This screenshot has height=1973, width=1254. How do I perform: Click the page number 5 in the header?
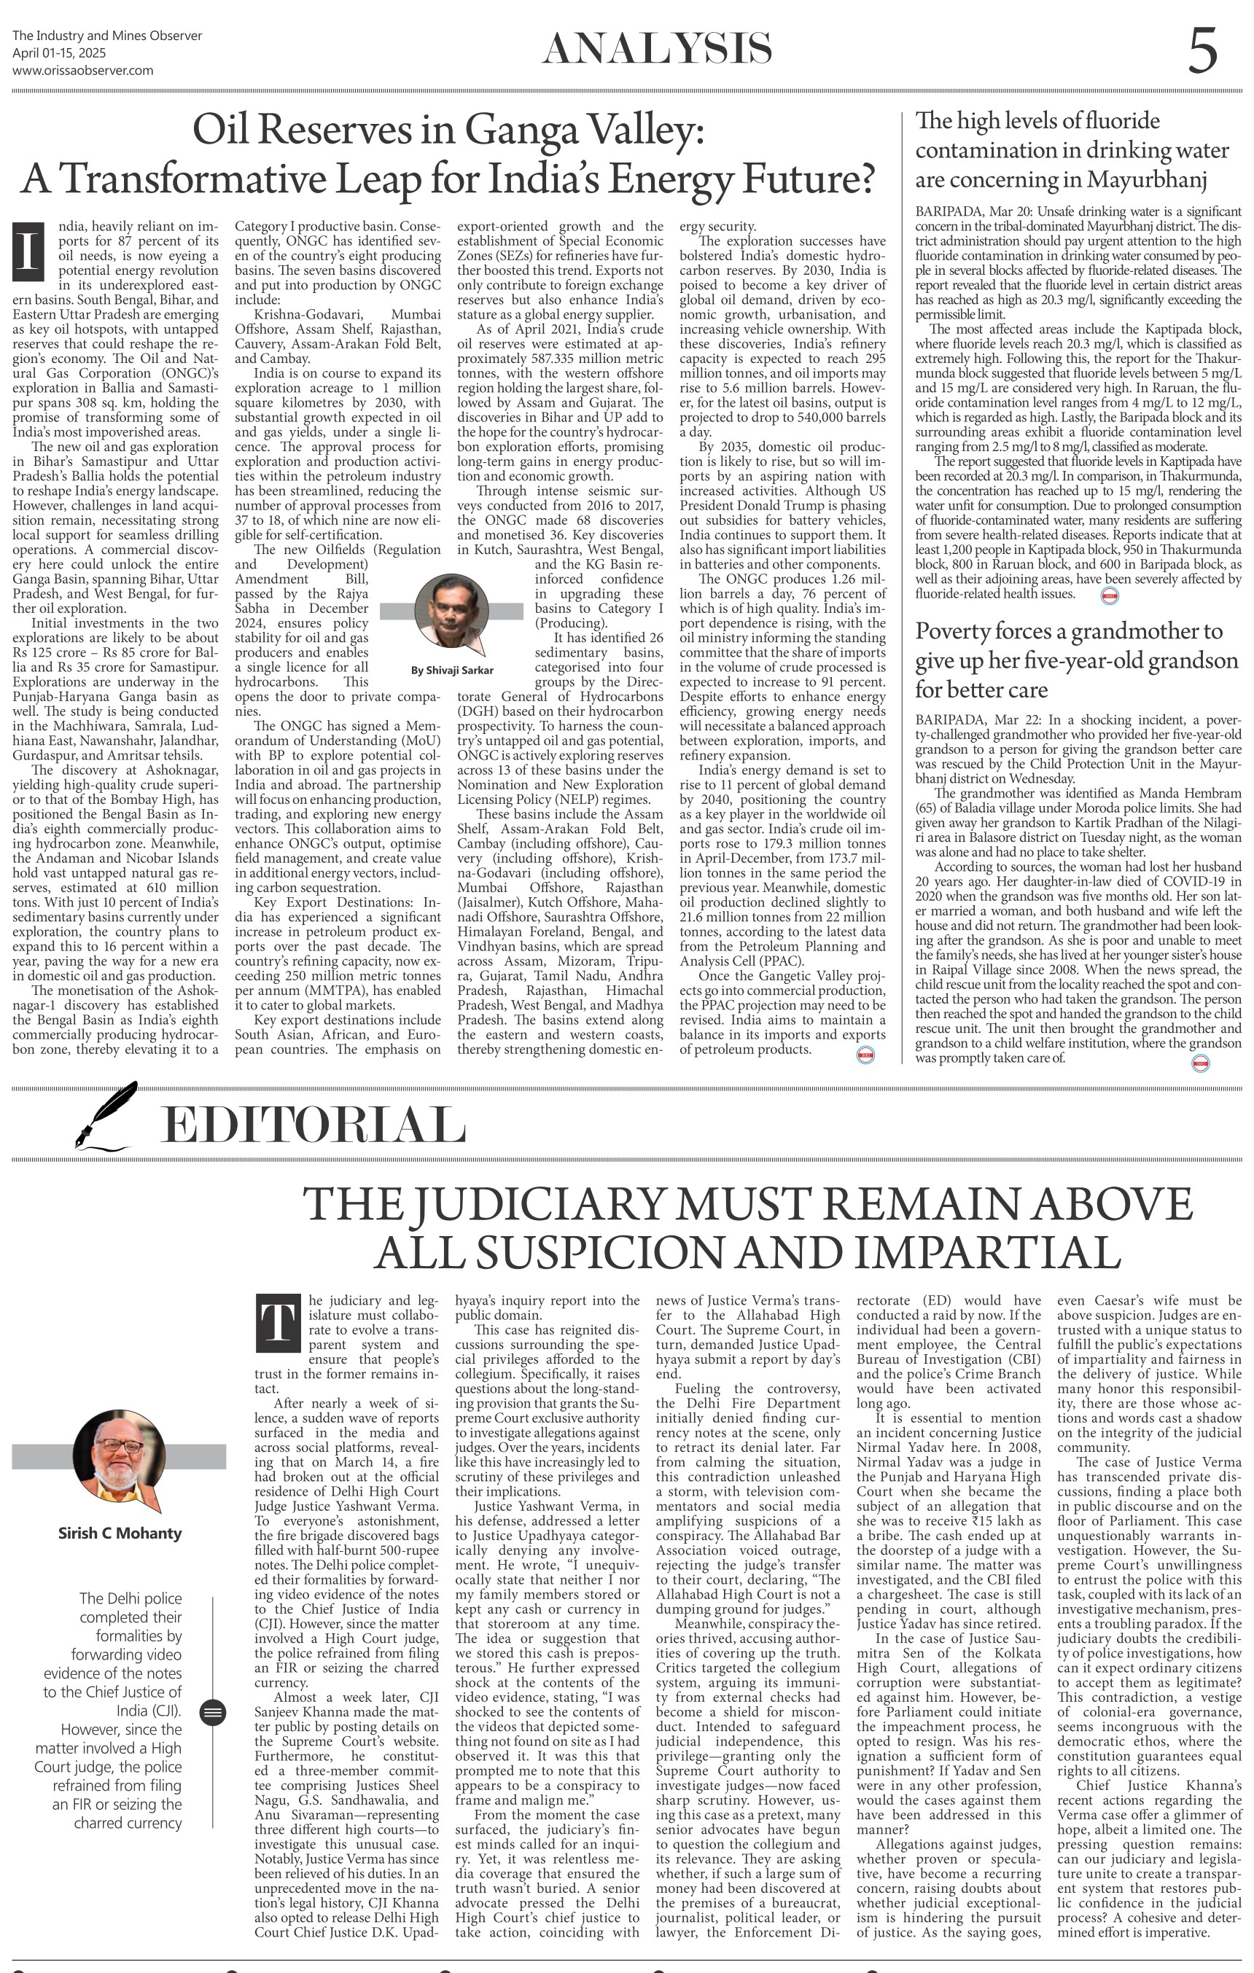[x=1202, y=51]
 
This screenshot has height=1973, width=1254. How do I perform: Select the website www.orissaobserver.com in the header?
[x=83, y=71]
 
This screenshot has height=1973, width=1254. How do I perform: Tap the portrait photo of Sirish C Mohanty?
[x=120, y=1456]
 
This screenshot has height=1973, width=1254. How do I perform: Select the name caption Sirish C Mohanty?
[x=120, y=1533]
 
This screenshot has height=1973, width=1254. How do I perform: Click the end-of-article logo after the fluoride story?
[x=1110, y=595]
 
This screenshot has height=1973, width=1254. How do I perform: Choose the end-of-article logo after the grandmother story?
[x=1201, y=1063]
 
